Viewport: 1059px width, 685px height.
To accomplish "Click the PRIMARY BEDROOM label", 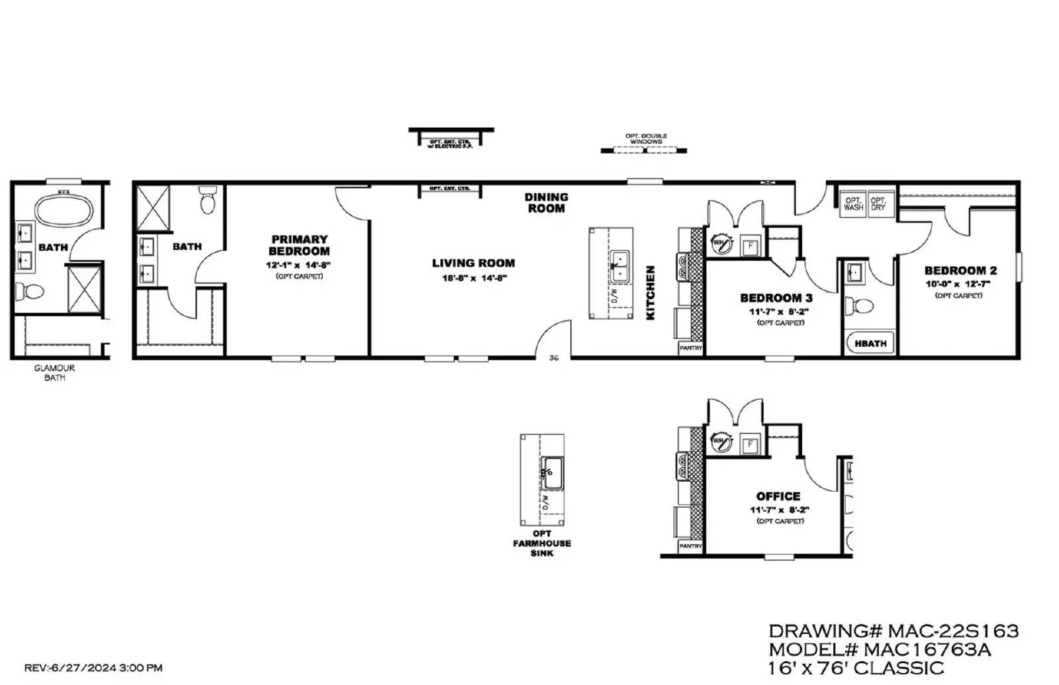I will click(299, 245).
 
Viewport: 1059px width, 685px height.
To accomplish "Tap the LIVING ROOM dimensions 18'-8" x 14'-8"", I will click(474, 279).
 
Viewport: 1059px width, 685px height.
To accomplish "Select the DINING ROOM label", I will click(546, 203).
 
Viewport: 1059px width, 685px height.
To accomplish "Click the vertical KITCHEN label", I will click(651, 293).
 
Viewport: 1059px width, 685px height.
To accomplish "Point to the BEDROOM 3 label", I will click(776, 298).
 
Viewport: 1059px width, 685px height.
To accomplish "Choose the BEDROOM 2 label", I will click(960, 271).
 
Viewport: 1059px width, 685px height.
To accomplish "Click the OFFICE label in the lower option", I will click(778, 496).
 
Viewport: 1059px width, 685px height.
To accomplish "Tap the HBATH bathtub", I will click(870, 343).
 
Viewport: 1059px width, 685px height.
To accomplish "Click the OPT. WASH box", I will click(853, 203).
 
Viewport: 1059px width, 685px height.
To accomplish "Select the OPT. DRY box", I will click(878, 203).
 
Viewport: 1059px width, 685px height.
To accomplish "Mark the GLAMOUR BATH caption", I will click(54, 373).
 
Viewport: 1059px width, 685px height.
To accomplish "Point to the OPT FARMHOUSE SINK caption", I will click(541, 543).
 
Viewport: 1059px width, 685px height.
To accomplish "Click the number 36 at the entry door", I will click(554, 358).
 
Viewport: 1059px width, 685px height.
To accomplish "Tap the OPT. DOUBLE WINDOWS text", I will click(646, 139).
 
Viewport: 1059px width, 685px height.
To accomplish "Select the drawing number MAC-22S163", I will click(953, 631).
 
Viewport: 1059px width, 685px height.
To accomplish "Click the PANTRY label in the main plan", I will click(690, 347).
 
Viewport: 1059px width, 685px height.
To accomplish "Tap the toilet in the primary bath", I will click(208, 200).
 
